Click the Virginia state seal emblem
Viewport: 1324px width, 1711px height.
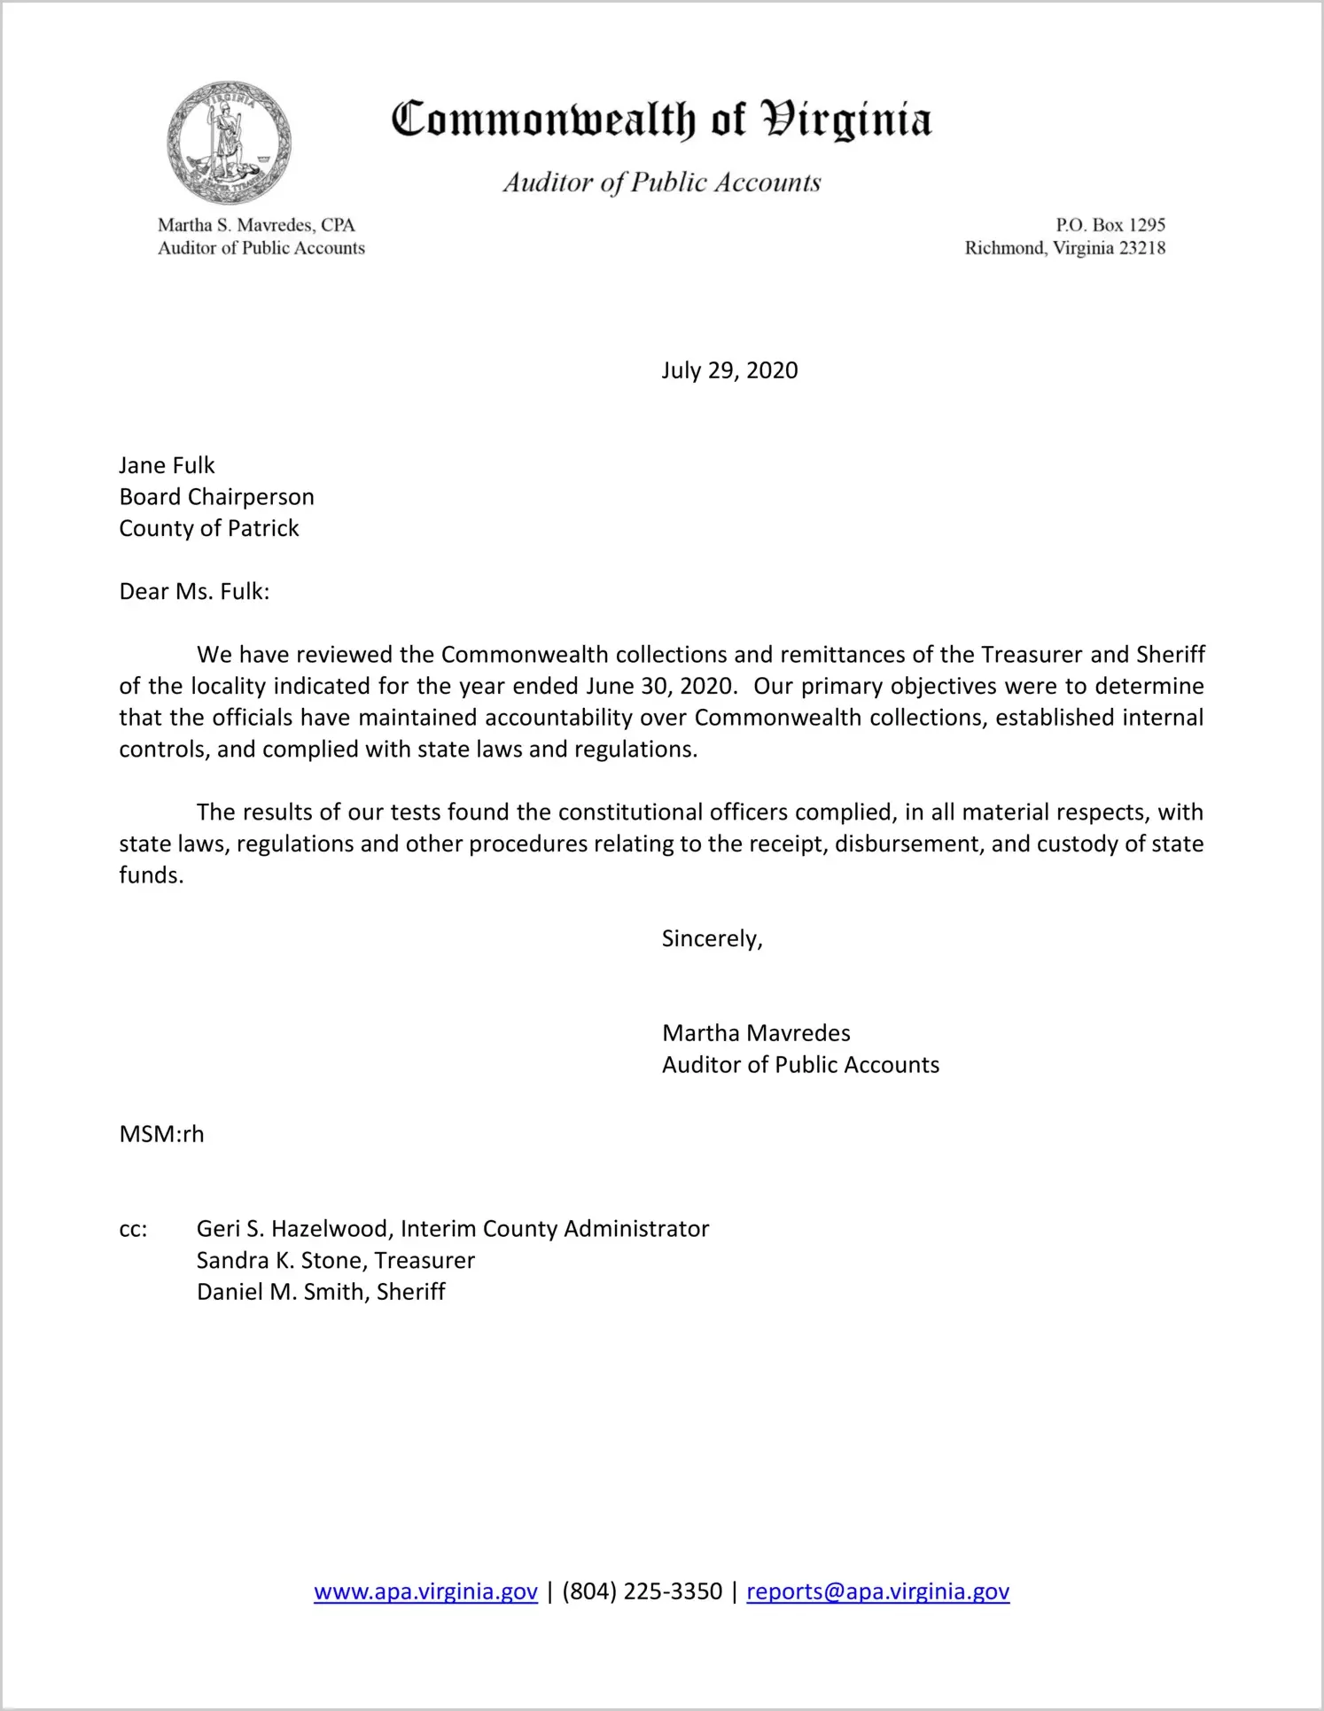(x=229, y=143)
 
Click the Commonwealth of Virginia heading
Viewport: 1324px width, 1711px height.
(x=661, y=121)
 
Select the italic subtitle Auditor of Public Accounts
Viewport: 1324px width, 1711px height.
(x=662, y=183)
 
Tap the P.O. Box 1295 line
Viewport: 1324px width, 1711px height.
(x=1110, y=225)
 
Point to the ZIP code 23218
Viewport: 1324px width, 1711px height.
(x=1142, y=248)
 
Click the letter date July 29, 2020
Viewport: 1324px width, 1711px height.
(x=729, y=370)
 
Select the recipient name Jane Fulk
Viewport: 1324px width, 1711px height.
(x=167, y=465)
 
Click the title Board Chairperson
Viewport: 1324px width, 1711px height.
(x=217, y=497)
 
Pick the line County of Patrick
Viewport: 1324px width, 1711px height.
(x=209, y=528)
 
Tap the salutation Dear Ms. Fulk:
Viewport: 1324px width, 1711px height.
(x=194, y=592)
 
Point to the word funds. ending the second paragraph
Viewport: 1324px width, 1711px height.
(x=152, y=875)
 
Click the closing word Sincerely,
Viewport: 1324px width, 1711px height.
(x=713, y=939)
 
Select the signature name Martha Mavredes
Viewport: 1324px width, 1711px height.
(x=756, y=1033)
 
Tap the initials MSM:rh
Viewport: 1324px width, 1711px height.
(x=161, y=1134)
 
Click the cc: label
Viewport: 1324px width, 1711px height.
(x=133, y=1229)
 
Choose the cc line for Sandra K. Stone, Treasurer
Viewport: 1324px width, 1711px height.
(x=336, y=1260)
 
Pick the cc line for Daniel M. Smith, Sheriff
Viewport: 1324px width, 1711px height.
(x=321, y=1292)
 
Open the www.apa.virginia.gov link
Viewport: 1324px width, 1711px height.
(x=425, y=1591)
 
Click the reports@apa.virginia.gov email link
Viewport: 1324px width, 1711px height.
(x=877, y=1591)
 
